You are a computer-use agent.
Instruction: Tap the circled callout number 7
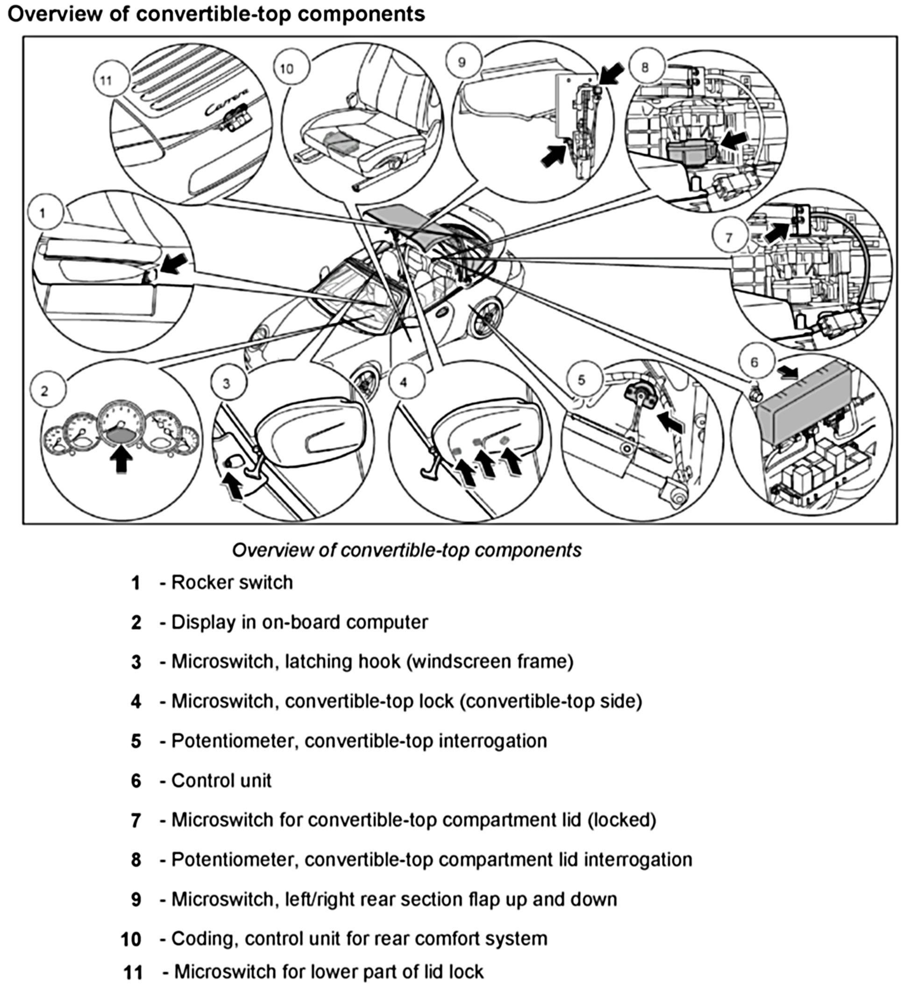coord(728,237)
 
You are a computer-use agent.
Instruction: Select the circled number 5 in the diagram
coord(582,380)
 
